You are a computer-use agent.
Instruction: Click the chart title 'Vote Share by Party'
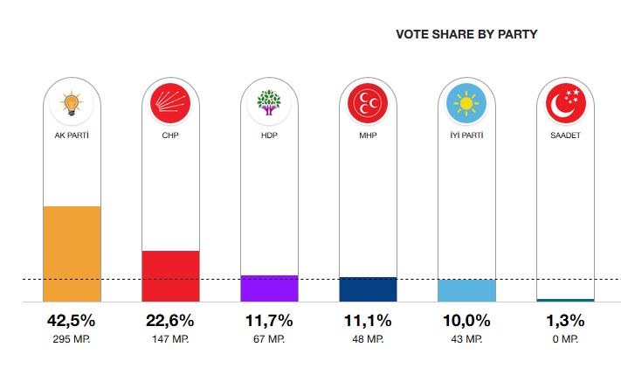coord(466,35)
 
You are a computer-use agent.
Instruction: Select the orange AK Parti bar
coord(72,253)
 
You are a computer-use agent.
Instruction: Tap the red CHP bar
coord(170,275)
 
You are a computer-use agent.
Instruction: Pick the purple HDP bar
coord(269,288)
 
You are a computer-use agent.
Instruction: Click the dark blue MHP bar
coord(368,289)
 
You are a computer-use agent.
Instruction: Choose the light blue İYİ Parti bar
coord(466,290)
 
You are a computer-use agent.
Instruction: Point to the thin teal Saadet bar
coord(565,300)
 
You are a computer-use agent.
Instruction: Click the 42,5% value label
coord(72,321)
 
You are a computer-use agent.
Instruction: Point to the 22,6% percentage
coord(170,321)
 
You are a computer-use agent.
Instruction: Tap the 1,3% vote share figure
coord(565,321)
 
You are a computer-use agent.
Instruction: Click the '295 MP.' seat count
coord(72,339)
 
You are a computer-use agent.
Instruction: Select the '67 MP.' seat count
coord(269,339)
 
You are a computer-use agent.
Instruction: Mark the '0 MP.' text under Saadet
coord(565,339)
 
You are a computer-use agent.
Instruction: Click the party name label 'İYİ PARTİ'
coord(466,135)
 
